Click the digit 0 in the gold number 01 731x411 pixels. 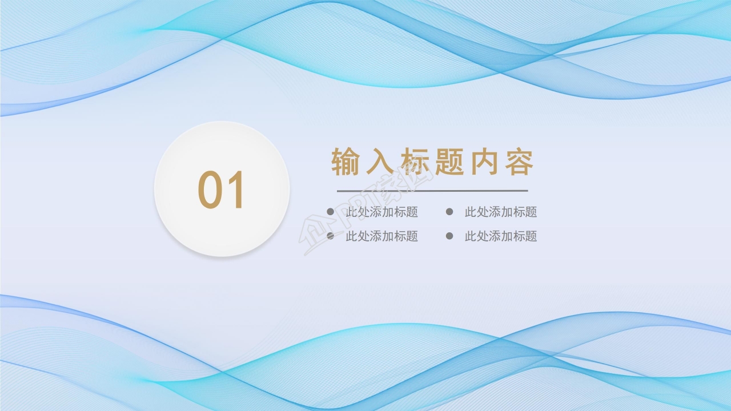tap(210, 190)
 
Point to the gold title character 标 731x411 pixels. tap(415, 162)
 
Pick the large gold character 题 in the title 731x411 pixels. tap(450, 162)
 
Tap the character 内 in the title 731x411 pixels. tap(485, 162)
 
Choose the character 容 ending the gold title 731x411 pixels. tap(519, 162)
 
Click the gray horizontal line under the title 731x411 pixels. tap(432, 191)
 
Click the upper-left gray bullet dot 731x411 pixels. tap(330, 212)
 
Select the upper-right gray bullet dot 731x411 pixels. tap(449, 212)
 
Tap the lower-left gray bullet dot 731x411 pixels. tap(330, 236)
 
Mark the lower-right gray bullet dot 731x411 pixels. tap(449, 236)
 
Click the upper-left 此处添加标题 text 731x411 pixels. tap(381, 212)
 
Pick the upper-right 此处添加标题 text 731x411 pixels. tap(501, 212)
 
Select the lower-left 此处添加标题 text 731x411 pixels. tap(381, 236)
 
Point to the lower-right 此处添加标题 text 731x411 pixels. tap(501, 236)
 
